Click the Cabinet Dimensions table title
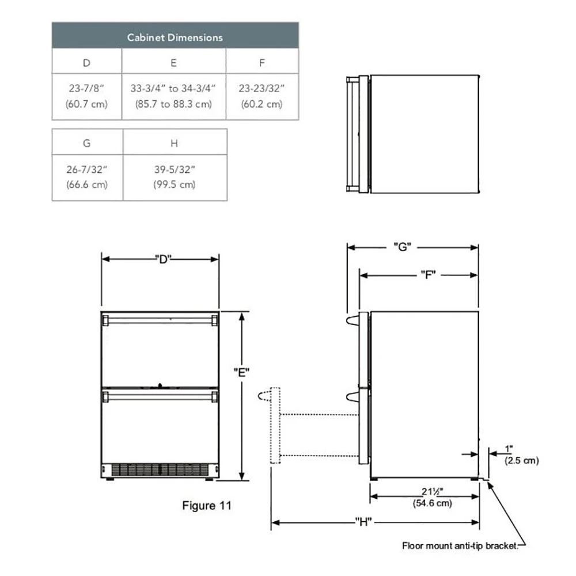(x=175, y=37)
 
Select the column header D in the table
(x=86, y=62)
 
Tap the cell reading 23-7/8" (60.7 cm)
(x=86, y=96)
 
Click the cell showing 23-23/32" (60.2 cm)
(x=262, y=96)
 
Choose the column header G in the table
(x=86, y=142)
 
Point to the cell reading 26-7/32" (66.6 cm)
(x=86, y=177)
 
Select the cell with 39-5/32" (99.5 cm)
(x=175, y=177)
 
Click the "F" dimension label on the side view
(x=427, y=275)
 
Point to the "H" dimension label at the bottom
(x=363, y=522)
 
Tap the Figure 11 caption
(x=207, y=506)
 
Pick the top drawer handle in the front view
(x=160, y=319)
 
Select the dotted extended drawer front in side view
(x=275, y=426)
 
